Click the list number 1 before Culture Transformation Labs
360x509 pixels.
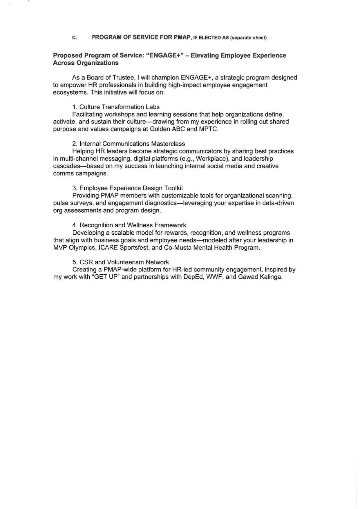tap(75, 107)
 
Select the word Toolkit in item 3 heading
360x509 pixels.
tap(173, 188)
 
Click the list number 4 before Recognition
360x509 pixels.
tap(75, 225)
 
